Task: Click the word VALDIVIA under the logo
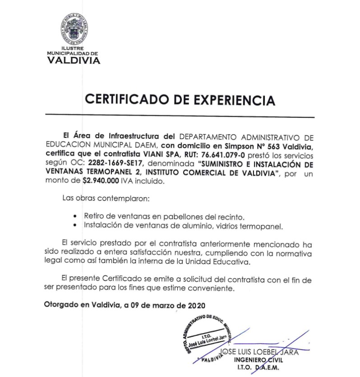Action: [74, 61]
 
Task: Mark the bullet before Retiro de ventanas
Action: [79, 217]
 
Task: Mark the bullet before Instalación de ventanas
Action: [79, 225]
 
